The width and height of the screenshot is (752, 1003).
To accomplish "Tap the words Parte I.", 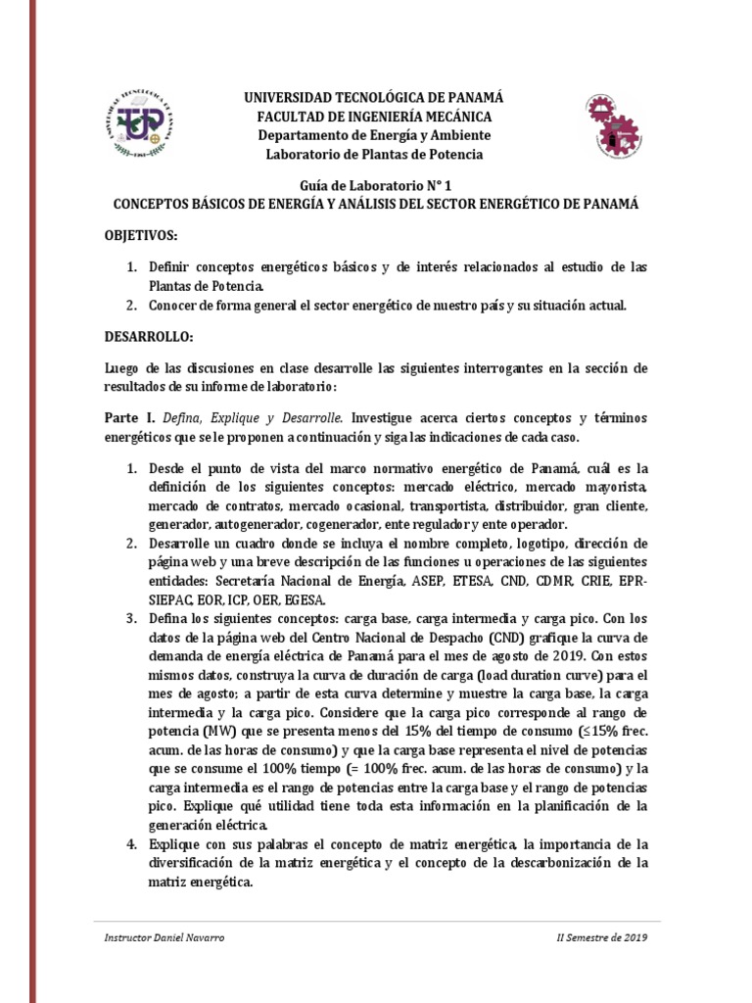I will [125, 416].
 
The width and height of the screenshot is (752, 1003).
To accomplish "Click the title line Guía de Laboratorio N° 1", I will [376, 185].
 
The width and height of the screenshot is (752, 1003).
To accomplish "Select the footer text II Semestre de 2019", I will [594, 937].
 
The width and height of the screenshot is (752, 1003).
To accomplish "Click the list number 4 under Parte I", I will [131, 843].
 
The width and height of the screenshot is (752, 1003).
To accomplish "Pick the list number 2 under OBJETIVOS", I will [131, 305].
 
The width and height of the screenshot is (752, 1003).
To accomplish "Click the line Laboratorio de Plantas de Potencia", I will [376, 154].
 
